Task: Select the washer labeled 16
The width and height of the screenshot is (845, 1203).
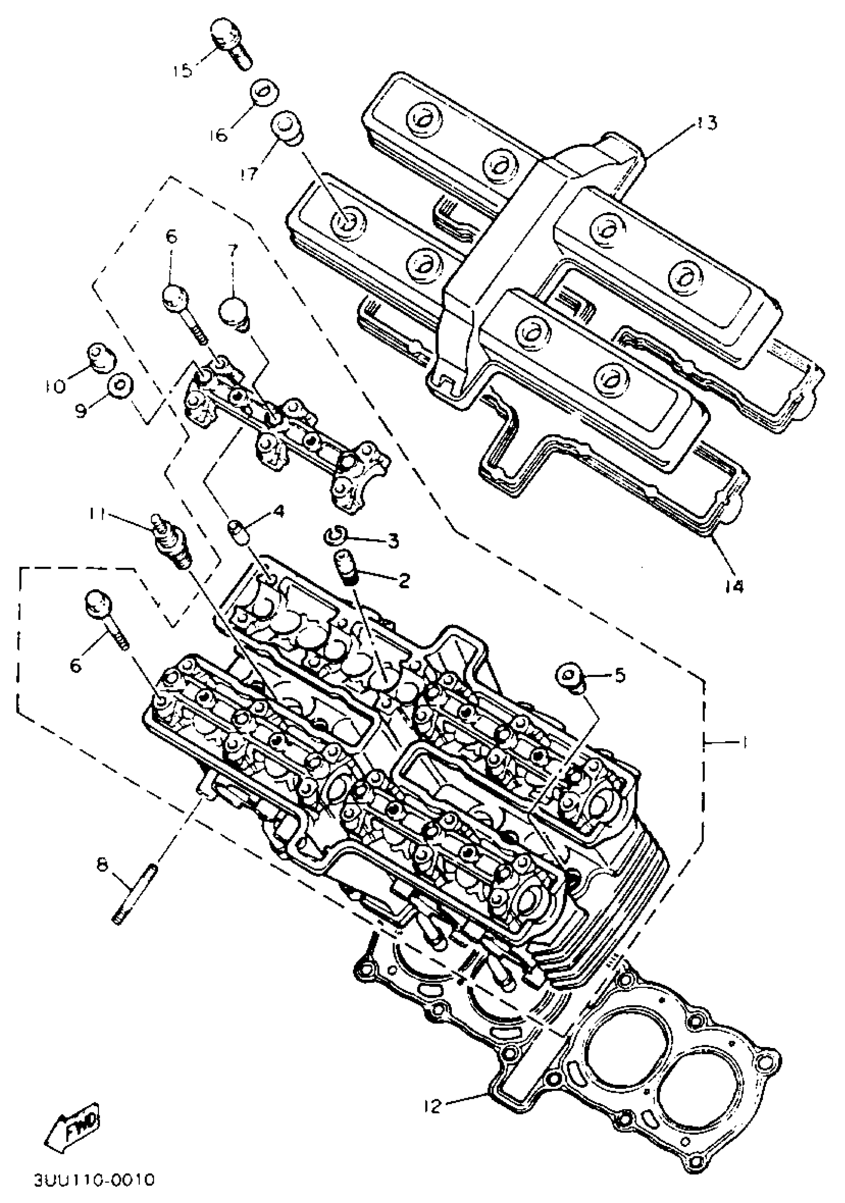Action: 263,93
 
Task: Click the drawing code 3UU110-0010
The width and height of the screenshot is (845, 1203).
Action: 94,1192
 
